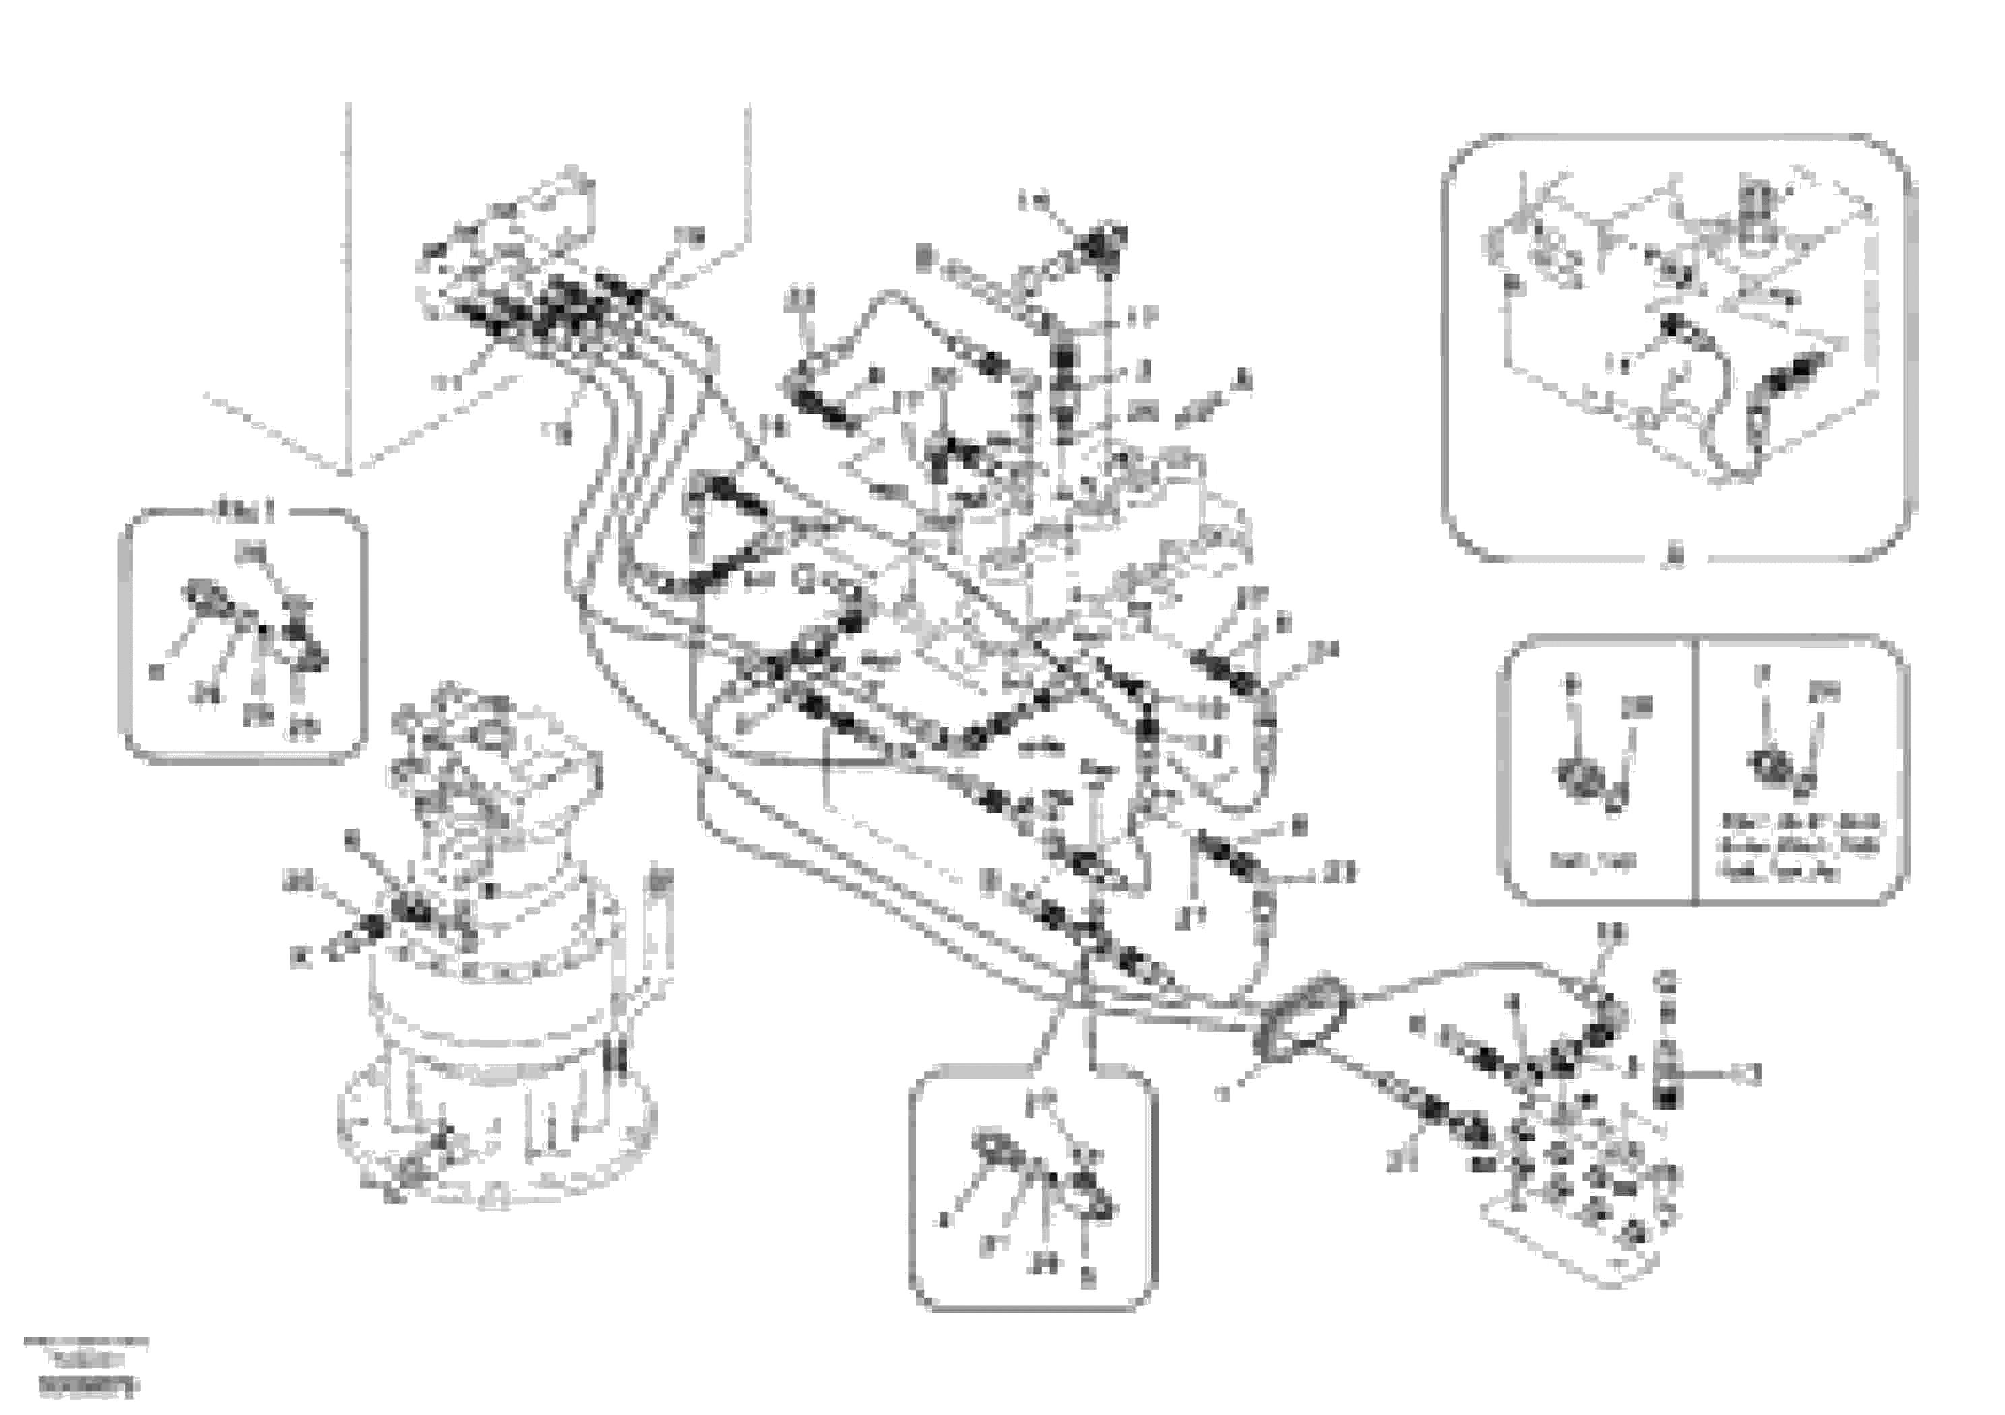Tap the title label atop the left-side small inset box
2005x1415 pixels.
click(245, 509)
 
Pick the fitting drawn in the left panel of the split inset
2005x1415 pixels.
click(1587, 778)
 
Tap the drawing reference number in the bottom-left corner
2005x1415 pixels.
click(88, 1385)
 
